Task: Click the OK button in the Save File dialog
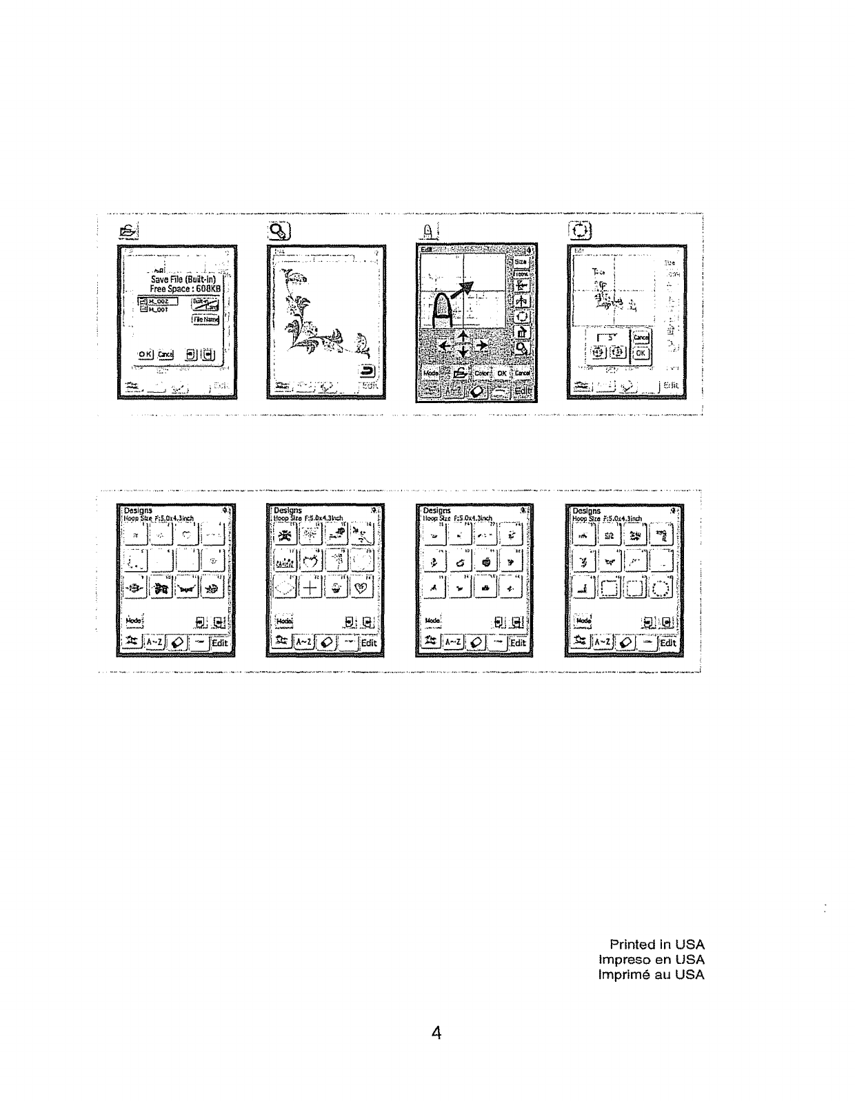pyautogui.click(x=145, y=354)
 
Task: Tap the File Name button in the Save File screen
pyautogui.click(x=206, y=320)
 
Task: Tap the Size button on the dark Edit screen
pyautogui.click(x=521, y=262)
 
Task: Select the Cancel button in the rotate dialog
pyautogui.click(x=641, y=338)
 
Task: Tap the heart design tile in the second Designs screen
pyautogui.click(x=363, y=586)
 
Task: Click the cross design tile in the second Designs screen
pyautogui.click(x=312, y=587)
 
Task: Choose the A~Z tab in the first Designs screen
pyautogui.click(x=154, y=642)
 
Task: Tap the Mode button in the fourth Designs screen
pyautogui.click(x=583, y=621)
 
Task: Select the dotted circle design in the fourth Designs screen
pyautogui.click(x=661, y=588)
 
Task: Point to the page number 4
pyautogui.click(x=436, y=1032)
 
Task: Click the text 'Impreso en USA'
pyautogui.click(x=652, y=959)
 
